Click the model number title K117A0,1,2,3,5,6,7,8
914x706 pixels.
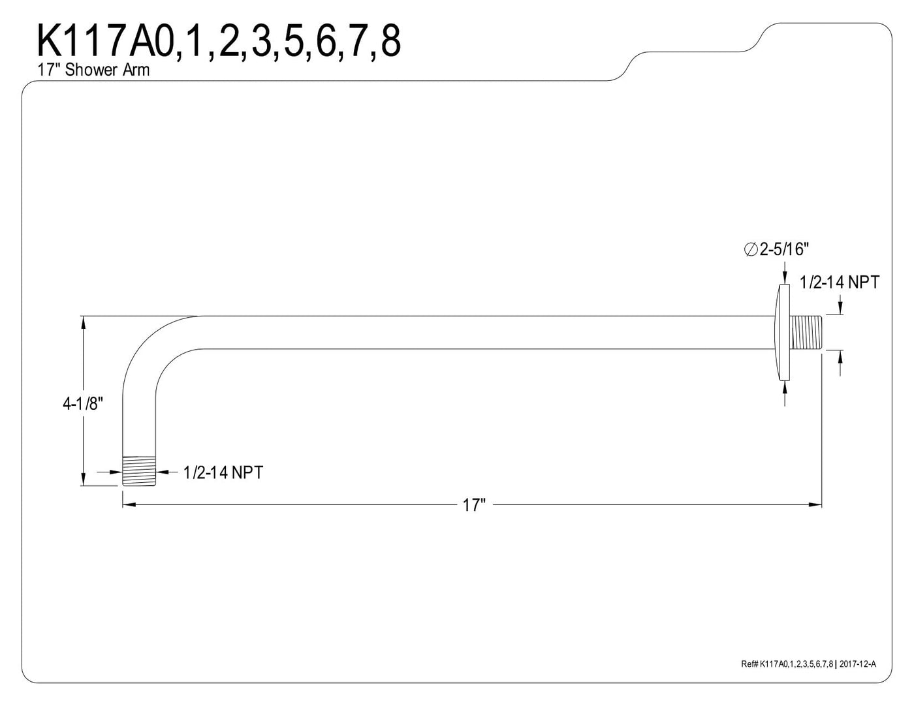pyautogui.click(x=219, y=41)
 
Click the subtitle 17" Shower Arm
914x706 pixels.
pyautogui.click(x=93, y=70)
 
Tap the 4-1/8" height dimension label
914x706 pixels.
pyautogui.click(x=83, y=404)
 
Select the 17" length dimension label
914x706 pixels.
pyautogui.click(x=474, y=505)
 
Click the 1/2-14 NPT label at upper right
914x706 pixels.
pyautogui.click(x=839, y=283)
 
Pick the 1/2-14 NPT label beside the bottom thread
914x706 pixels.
pyautogui.click(x=223, y=473)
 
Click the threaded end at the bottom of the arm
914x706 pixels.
pyautogui.click(x=139, y=470)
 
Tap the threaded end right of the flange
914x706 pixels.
pyautogui.click(x=806, y=332)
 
